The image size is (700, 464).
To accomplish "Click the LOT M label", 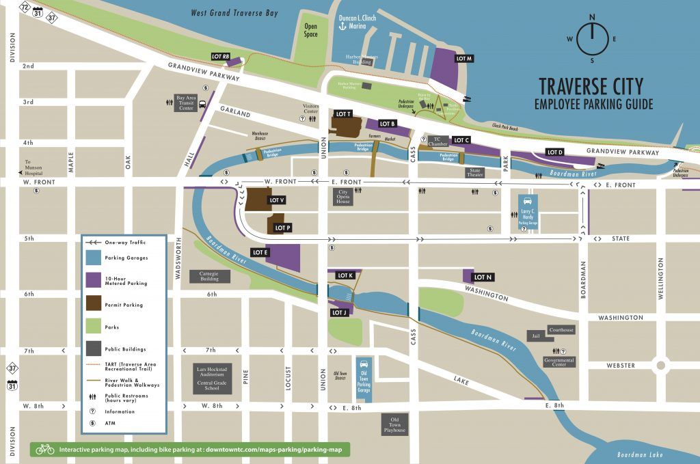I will pos(464,59).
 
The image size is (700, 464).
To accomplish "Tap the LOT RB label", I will pos(221,57).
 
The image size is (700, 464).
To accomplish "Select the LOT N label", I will pos(483,277).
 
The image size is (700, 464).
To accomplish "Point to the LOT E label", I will pos(260,252).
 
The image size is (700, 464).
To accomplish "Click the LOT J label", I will pos(340,312).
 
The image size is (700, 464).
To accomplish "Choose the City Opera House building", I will pos(344,197).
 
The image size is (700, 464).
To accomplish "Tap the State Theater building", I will pos(475,173).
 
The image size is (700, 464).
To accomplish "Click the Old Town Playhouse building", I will pos(394,424).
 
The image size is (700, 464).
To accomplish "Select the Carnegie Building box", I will pos(208,275).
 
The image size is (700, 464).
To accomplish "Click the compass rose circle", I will pos(592,39).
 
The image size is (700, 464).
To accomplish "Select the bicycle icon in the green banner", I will pos(45,449).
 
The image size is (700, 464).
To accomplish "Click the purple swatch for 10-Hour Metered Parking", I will pos(93,279).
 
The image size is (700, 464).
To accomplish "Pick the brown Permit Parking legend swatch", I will pos(93,303).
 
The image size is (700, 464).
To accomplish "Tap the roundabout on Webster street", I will pos(660,364).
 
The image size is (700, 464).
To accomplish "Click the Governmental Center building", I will pos(559,361).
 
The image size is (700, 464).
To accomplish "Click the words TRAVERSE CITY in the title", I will pos(591,86).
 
